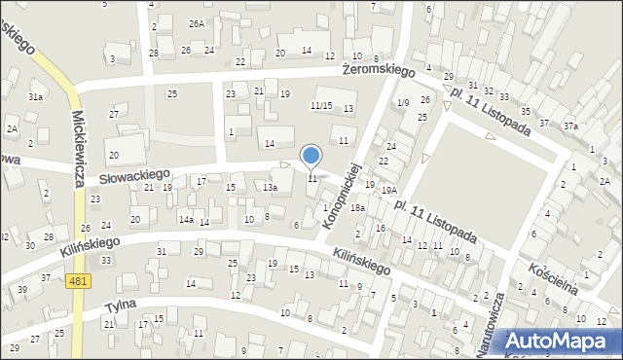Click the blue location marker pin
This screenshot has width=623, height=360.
[311, 156]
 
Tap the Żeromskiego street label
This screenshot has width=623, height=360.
[379, 70]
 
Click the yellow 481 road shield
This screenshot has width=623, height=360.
[80, 281]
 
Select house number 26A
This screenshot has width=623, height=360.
[198, 23]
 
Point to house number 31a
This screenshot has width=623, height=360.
[35, 97]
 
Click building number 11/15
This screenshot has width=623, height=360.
[321, 105]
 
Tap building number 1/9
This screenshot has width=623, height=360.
[403, 103]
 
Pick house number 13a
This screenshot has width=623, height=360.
[270, 187]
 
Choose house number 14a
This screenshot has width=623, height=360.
[185, 220]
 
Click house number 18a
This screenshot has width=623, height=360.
[357, 207]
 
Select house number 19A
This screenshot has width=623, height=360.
[388, 191]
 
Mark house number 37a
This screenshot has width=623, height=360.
[569, 126]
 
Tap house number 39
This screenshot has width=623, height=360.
[21, 290]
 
